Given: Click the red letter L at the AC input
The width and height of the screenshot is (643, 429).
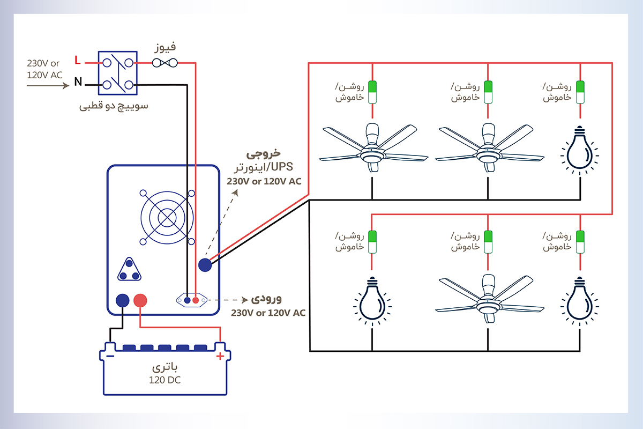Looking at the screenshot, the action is (78, 60).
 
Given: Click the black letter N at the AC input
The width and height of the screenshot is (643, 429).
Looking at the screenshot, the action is (78, 82).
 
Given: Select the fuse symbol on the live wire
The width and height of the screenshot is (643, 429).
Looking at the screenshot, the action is (165, 63).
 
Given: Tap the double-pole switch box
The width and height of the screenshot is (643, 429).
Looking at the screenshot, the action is (118, 73).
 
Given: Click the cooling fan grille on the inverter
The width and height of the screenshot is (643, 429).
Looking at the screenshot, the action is (167, 218).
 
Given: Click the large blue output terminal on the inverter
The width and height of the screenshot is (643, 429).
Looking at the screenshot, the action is (205, 265).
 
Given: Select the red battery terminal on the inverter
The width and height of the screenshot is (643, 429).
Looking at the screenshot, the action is (140, 300).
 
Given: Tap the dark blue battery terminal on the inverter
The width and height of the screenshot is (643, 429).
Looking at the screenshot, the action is (123, 300).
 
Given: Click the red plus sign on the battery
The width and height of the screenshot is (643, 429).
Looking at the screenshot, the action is (220, 356).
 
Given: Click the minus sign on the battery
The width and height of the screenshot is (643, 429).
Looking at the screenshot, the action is (110, 356).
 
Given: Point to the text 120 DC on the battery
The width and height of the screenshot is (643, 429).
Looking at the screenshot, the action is (165, 380).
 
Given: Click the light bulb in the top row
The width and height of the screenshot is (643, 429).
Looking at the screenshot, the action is (580, 150).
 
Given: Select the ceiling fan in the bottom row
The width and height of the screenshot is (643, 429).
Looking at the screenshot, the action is (489, 299).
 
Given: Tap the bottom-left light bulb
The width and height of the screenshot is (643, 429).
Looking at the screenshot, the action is (372, 301).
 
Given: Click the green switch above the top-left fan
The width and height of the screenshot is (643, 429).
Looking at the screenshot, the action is (372, 92).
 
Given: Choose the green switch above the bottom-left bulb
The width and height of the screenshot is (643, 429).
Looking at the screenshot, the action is (372, 242).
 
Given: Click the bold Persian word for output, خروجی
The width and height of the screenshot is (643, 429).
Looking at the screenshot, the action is (264, 154).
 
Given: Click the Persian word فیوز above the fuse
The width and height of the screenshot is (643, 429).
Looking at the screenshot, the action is (165, 47).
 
